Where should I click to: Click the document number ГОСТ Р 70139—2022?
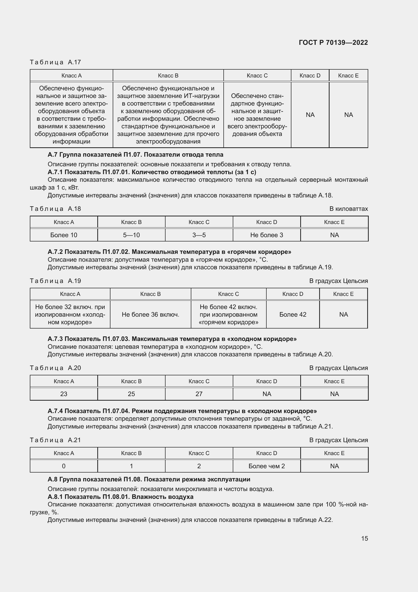333,43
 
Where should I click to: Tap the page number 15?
364,538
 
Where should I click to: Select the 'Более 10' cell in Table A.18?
64,235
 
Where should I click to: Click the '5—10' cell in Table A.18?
131,235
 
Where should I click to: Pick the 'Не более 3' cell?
266,235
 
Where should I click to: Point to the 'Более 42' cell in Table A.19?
293,314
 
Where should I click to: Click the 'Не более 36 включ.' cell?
150,314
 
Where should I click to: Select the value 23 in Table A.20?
64,394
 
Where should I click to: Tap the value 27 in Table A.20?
199,394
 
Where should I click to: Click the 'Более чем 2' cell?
266,466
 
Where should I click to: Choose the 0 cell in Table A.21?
64,466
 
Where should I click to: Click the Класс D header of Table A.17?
310,75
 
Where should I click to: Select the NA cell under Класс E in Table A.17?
348,115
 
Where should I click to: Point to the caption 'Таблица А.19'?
55,281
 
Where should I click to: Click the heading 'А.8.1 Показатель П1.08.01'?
120,497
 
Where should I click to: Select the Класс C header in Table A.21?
199,453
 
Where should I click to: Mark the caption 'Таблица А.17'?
55,62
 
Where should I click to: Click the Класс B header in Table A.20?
131,381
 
